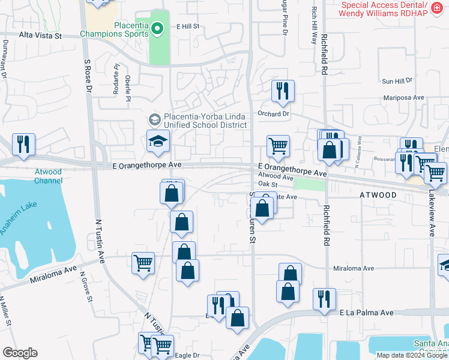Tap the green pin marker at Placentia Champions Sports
point(157,28)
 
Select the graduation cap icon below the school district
point(158,141)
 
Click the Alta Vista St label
point(40,36)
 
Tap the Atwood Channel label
point(48,176)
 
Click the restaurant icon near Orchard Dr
point(283,91)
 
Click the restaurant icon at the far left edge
point(23,144)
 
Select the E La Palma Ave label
point(366,313)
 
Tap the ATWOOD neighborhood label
point(378,196)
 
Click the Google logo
point(20,353)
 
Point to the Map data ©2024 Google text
point(412,355)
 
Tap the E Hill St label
point(187,27)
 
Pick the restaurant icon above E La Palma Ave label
point(324,299)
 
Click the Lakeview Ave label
point(431,212)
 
